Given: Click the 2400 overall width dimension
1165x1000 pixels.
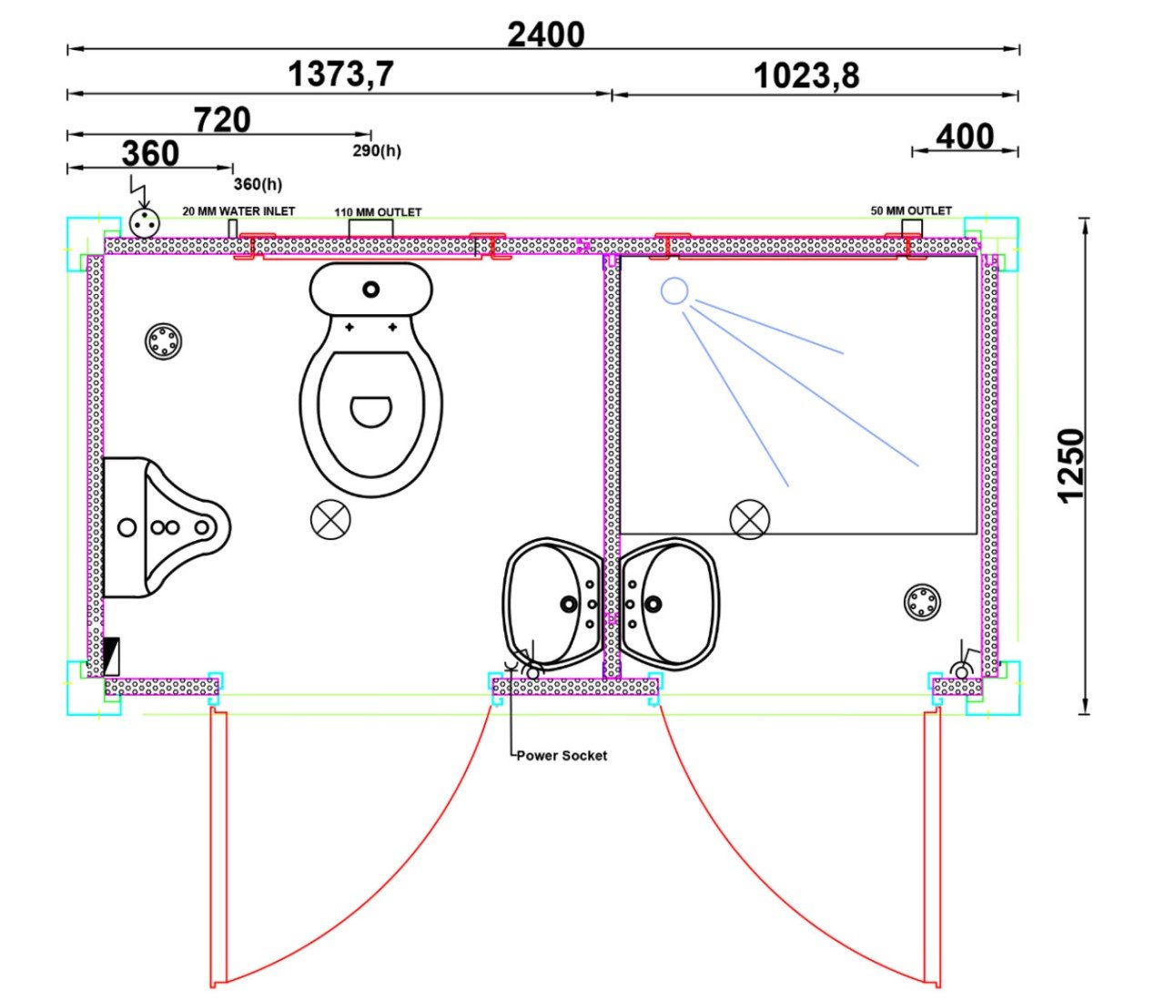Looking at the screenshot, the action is pos(545,35).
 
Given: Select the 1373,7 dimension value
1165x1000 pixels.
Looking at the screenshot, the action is pos(340,74).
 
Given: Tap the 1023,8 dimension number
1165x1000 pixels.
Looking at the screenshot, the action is pos(806,76).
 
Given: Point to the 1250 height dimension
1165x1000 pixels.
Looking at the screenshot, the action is pos(1070,465).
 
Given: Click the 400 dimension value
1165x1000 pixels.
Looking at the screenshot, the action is pos(965,137).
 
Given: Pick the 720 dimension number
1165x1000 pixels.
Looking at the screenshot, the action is pos(222,120).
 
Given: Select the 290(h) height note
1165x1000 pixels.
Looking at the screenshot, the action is pos(377,150).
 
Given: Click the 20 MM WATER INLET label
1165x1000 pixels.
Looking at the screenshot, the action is pos(238,211).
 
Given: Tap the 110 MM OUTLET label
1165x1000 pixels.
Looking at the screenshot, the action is pos(378,212).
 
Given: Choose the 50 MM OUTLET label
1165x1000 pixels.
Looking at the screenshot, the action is pos(911,210).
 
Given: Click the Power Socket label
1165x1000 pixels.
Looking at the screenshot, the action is pos(562,756).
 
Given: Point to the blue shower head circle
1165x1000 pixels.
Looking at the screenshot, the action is pos(674,291).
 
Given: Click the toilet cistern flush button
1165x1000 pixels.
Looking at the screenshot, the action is pos(370,290).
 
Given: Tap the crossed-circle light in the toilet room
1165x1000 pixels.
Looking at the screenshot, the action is pos(330,519).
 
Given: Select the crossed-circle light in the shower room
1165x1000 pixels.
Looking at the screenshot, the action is pos(749,519).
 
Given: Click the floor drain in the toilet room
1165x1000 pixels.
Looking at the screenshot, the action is pos(164,342).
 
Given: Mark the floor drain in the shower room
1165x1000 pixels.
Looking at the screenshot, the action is pos(922,602).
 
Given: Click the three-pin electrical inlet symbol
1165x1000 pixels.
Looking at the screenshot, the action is pos(145,223).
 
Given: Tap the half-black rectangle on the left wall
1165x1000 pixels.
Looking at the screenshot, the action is pos(111,657).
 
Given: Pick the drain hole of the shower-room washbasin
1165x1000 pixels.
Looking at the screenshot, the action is pos(653,604).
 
